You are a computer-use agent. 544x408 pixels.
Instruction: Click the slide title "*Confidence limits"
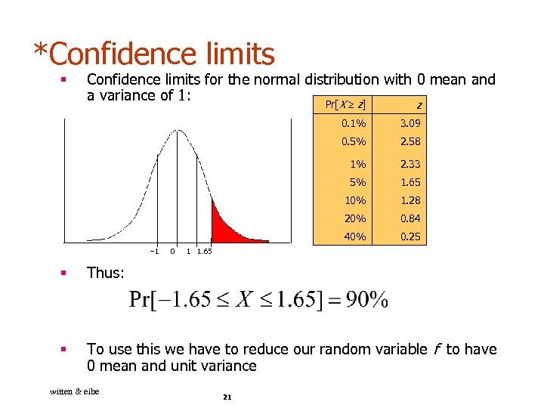point(154,54)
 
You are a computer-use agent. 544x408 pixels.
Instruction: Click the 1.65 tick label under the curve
point(204,251)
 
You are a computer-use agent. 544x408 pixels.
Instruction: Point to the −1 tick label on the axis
point(154,251)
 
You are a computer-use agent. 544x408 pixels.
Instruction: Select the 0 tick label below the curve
point(173,251)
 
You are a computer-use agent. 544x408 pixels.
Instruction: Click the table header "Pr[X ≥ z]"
point(345,104)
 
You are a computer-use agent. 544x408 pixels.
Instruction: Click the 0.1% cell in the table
point(354,123)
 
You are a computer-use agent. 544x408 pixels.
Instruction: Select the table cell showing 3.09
point(411,123)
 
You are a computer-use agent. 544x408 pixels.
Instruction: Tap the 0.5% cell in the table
point(354,141)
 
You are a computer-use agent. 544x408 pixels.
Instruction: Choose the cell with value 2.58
point(411,141)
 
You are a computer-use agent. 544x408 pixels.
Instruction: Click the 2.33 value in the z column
point(411,164)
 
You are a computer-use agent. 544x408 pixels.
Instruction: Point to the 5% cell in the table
point(357,182)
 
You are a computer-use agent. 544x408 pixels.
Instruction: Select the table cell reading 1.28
point(411,200)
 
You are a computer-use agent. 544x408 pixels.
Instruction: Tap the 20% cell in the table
point(355,218)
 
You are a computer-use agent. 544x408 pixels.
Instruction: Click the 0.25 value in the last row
point(411,236)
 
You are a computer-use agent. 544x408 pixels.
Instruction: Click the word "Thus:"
point(106,273)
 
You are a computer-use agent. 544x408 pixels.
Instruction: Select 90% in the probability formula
point(367,300)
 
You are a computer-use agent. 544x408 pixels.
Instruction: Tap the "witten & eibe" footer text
point(74,391)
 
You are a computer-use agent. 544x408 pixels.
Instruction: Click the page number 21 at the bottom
point(227,398)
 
